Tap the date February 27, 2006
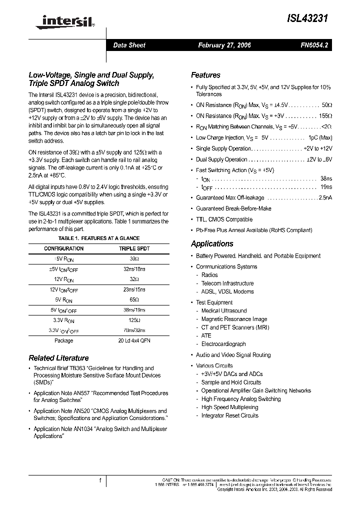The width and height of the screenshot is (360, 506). pyautogui.click(x=224, y=45)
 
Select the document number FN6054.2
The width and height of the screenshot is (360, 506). pyautogui.click(x=314, y=45)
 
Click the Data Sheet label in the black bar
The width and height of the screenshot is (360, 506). pyautogui.click(x=129, y=45)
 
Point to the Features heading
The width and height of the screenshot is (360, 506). pyautogui.click(x=205, y=75)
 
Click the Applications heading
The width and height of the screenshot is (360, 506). pyautogui.click(x=212, y=244)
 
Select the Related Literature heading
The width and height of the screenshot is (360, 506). pyautogui.click(x=58, y=358)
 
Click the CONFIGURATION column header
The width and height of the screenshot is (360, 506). pyautogui.click(x=64, y=248)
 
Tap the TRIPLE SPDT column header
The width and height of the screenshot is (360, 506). pyautogui.click(x=134, y=248)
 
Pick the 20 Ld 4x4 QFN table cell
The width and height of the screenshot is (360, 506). pyautogui.click(x=134, y=340)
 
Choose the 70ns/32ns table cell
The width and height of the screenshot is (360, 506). pyautogui.click(x=134, y=330)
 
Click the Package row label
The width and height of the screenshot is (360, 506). pyautogui.click(x=64, y=340)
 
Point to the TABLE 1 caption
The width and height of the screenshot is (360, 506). pyautogui.click(x=99, y=238)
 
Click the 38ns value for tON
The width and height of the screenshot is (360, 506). pyautogui.click(x=326, y=178)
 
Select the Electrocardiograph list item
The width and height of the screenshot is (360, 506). pyautogui.click(x=223, y=344)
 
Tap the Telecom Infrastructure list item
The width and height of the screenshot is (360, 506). pyautogui.click(x=227, y=283)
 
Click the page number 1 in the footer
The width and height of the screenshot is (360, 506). pyautogui.click(x=100, y=481)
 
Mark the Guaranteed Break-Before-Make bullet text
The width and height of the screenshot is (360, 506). pyautogui.click(x=233, y=208)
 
